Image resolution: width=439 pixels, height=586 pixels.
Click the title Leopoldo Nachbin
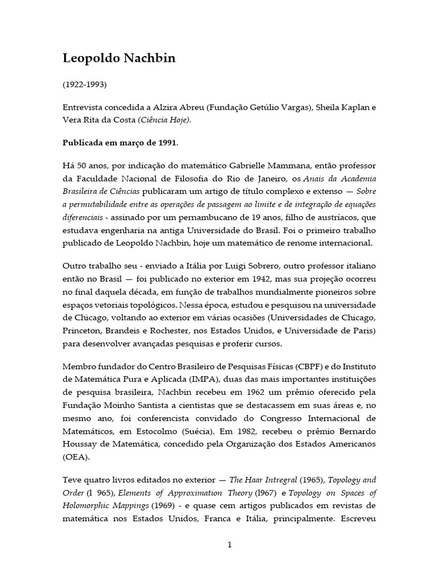tap(111, 60)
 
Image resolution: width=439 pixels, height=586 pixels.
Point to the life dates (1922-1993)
tap(85, 85)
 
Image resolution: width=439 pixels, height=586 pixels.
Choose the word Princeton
tap(81, 331)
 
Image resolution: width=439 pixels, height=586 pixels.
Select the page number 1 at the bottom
tap(229, 545)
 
